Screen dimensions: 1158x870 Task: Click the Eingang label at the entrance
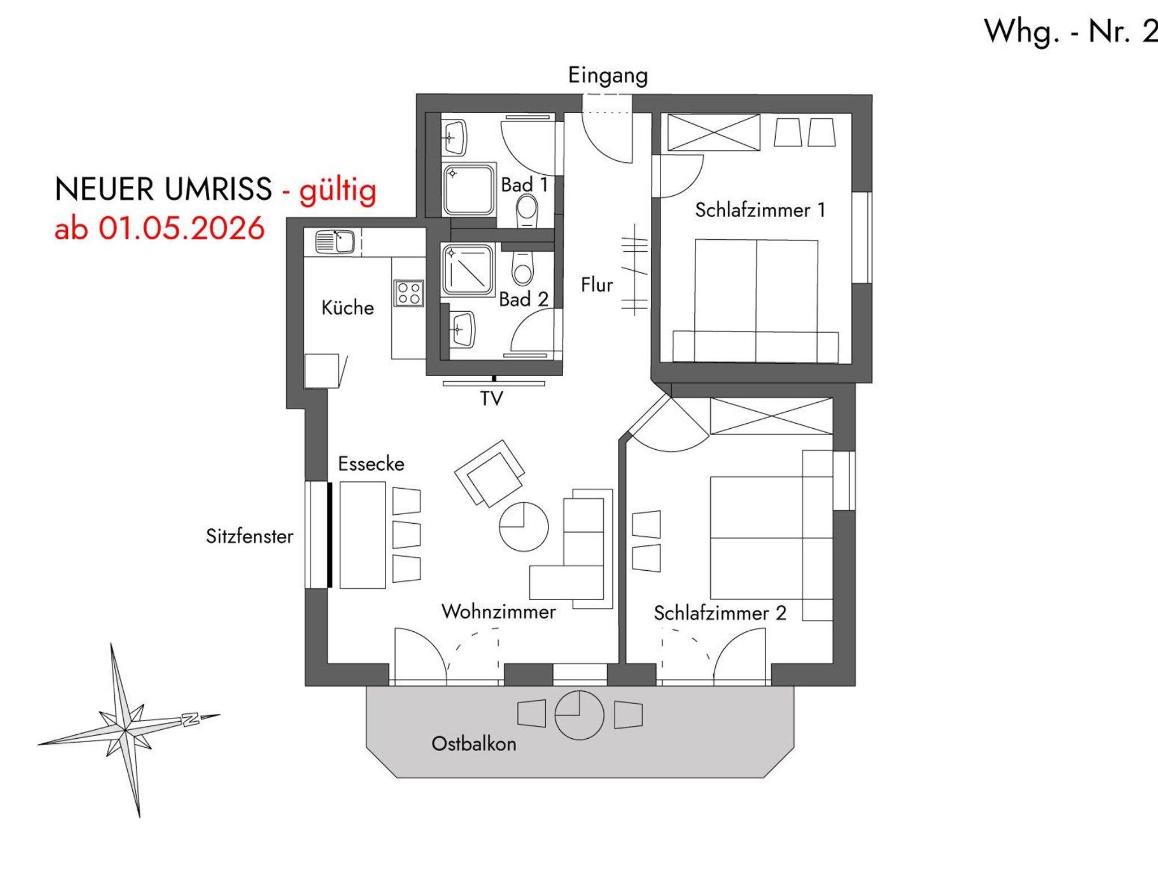point(608,76)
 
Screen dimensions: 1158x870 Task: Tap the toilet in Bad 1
point(526,210)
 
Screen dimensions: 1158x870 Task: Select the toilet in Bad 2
point(522,269)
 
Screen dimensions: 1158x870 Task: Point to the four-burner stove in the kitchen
point(409,293)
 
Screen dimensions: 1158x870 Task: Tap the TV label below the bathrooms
point(491,399)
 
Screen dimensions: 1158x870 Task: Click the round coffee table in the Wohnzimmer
point(524,527)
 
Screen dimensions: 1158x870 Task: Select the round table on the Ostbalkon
point(580,715)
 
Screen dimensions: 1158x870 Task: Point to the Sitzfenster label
point(249,536)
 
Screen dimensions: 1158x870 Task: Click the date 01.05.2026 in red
point(182,229)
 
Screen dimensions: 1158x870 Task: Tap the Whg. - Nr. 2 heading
point(1071,32)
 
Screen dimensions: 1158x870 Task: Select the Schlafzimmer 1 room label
point(760,210)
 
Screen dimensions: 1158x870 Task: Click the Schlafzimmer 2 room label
point(720,613)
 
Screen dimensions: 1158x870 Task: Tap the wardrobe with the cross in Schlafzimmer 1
point(714,132)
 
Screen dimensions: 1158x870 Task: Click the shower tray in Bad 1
point(469,190)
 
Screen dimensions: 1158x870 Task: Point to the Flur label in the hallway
point(597,285)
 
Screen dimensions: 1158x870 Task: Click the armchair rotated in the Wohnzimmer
point(489,473)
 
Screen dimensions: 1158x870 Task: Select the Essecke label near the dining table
point(371,464)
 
